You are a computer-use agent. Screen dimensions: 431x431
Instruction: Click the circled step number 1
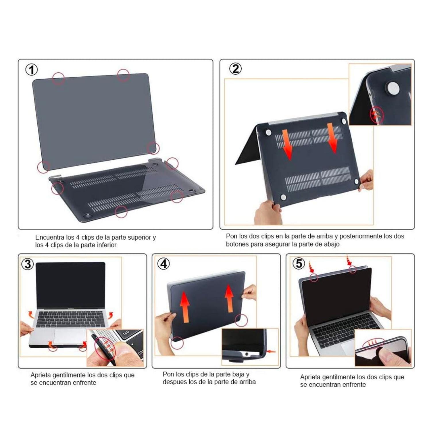tap(32, 70)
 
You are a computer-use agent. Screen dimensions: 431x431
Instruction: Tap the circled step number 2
tap(235, 69)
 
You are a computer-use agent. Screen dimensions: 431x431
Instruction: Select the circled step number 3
tap(28, 264)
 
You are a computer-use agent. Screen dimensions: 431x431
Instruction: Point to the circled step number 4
tap(163, 264)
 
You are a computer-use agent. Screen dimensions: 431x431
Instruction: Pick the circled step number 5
tap(299, 263)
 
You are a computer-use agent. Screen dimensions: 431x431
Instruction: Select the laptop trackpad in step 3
tap(70, 336)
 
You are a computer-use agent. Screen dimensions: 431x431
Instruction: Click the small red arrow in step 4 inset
tap(271, 351)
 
